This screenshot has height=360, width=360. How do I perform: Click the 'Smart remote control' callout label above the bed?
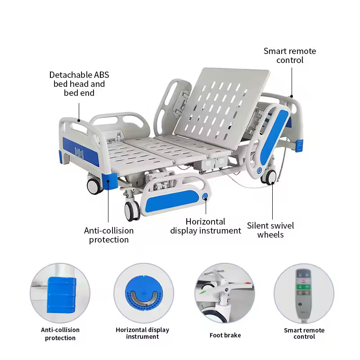pyautogui.click(x=290, y=55)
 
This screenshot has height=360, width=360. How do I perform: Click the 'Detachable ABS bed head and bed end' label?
pyautogui.click(x=79, y=84)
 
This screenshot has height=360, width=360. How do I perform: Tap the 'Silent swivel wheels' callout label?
pyautogui.click(x=270, y=230)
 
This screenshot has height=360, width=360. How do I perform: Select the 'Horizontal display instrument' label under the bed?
pyautogui.click(x=206, y=226)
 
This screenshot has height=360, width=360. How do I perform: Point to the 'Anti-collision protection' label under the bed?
pyautogui.click(x=109, y=235)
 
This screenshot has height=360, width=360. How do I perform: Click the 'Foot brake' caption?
pyautogui.click(x=225, y=335)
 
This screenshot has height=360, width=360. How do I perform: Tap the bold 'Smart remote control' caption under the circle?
pyautogui.click(x=304, y=333)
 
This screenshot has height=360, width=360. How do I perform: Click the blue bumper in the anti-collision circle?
pyautogui.click(x=61, y=295)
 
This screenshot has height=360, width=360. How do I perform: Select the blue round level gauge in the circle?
pyautogui.click(x=144, y=293)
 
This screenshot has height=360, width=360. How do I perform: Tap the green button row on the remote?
pyautogui.click(x=303, y=287)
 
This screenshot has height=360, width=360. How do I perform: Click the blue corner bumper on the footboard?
pyautogui.click(x=109, y=181)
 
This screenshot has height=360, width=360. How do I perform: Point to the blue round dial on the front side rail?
pyautogui.click(x=205, y=196)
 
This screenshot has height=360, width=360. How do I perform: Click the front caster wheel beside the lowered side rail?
pyautogui.click(x=132, y=211)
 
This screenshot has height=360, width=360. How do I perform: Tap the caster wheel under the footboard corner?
pyautogui.click(x=94, y=186)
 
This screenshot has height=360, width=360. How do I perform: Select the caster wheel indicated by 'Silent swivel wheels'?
pyautogui.click(x=269, y=177)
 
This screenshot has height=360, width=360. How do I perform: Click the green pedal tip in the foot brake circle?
pyautogui.click(x=202, y=293)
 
